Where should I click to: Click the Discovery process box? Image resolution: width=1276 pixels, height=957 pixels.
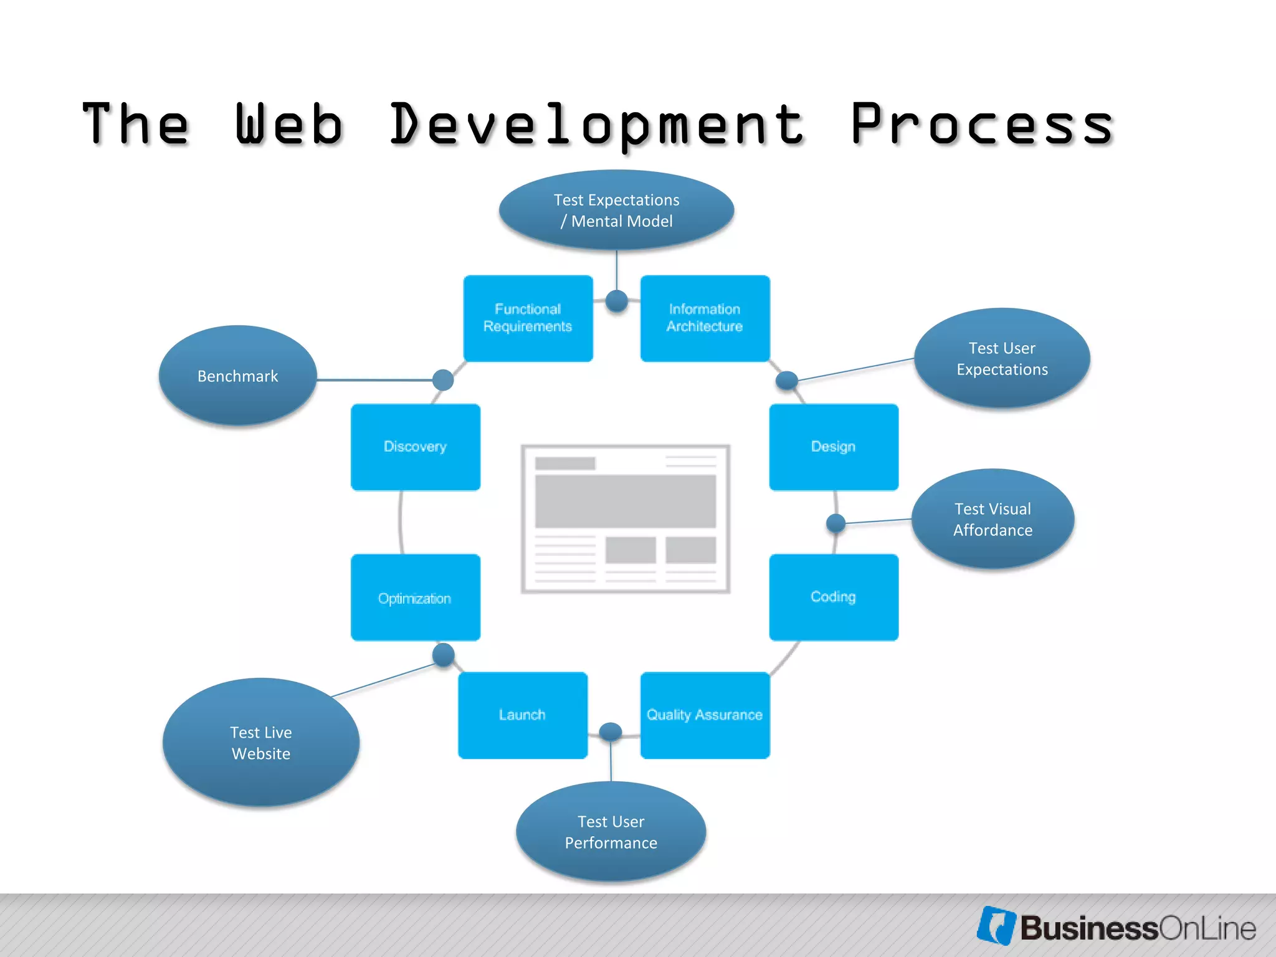(x=416, y=447)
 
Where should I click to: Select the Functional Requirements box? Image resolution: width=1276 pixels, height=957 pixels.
(x=528, y=318)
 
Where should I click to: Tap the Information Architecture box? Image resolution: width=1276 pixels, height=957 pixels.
(x=705, y=318)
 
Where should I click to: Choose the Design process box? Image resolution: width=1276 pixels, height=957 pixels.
(x=834, y=447)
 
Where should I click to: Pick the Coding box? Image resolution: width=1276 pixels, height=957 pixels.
(x=834, y=597)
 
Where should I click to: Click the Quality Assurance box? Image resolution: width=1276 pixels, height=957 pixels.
(x=705, y=715)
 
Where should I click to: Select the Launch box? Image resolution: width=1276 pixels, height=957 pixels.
(x=523, y=715)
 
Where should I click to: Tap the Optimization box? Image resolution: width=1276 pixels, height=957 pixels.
(x=416, y=598)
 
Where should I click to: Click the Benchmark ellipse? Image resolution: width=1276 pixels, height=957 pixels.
(x=237, y=376)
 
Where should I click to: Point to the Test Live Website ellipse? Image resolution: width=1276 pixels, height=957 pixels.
(x=261, y=743)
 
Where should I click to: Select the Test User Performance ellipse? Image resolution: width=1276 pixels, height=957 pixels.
(x=611, y=832)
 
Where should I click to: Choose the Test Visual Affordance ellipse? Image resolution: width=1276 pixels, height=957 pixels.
(x=993, y=519)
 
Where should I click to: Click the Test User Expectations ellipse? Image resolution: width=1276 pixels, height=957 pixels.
(x=1002, y=358)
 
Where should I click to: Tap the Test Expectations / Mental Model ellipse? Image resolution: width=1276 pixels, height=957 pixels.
(x=616, y=210)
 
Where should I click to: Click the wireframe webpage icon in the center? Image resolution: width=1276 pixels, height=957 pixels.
(x=626, y=518)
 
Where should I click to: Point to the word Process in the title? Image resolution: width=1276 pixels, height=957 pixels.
(x=982, y=125)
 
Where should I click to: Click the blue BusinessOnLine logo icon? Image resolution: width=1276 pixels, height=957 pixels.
(x=996, y=925)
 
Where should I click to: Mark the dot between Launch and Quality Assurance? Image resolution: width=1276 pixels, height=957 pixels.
(x=611, y=731)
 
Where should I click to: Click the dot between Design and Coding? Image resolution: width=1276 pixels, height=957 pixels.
(x=836, y=523)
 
